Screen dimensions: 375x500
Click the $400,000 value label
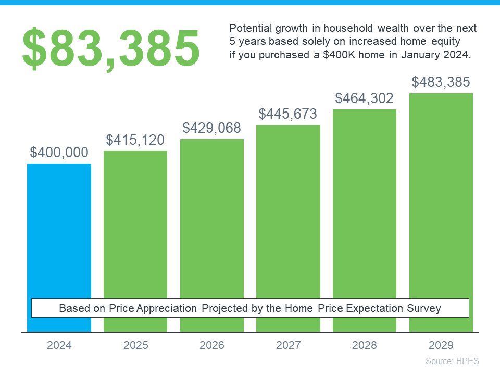[x=59, y=153]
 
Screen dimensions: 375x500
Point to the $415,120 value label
[x=135, y=140]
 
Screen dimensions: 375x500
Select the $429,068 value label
[x=212, y=128]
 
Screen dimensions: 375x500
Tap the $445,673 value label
[x=288, y=114]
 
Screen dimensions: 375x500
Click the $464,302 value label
[x=365, y=98]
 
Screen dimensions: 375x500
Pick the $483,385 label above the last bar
[x=441, y=82]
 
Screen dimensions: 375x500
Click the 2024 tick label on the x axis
[x=59, y=345]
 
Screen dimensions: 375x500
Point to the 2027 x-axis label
[x=288, y=345]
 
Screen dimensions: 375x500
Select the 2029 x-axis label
[x=441, y=345]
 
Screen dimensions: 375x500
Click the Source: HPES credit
[x=452, y=361]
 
